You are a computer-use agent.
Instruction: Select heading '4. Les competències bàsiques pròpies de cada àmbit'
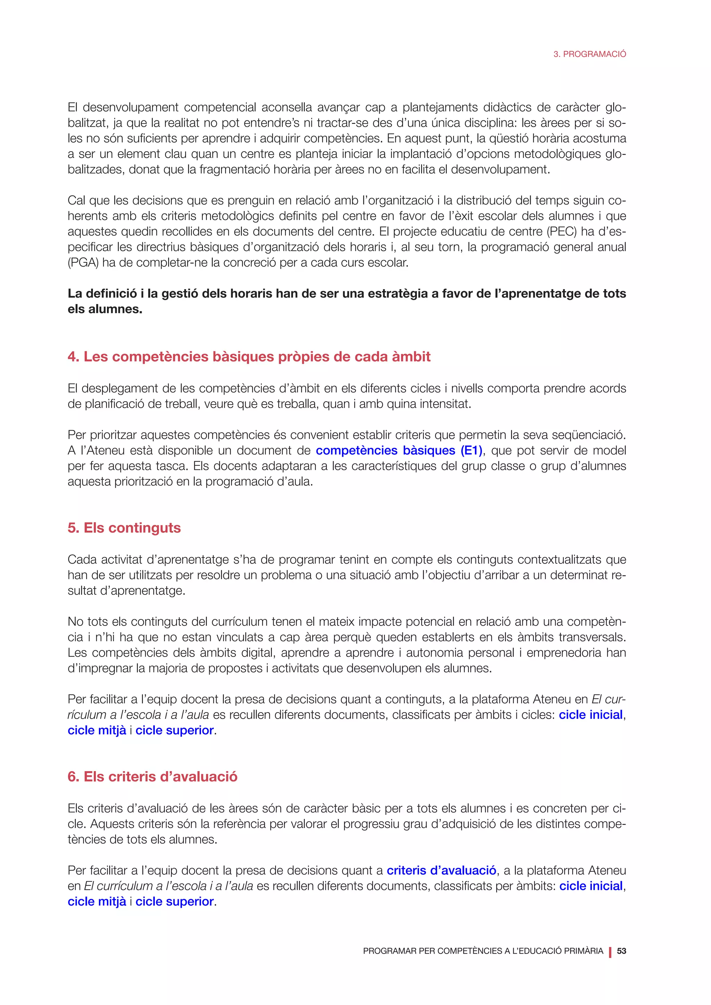point(249,356)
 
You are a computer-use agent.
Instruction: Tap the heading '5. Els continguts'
point(124,527)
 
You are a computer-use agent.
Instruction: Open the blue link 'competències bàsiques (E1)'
point(399,450)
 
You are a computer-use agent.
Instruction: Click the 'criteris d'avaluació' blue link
point(441,870)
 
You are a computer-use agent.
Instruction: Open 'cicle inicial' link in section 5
point(591,715)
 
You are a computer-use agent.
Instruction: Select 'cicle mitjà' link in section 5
point(97,730)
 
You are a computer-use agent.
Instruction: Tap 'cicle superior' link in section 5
point(175,730)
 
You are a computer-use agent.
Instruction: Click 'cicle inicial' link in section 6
point(591,886)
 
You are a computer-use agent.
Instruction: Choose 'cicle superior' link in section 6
point(175,901)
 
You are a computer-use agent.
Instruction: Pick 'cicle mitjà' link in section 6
point(97,901)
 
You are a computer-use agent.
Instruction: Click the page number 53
point(621,951)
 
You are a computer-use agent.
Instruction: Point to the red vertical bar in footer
point(610,952)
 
